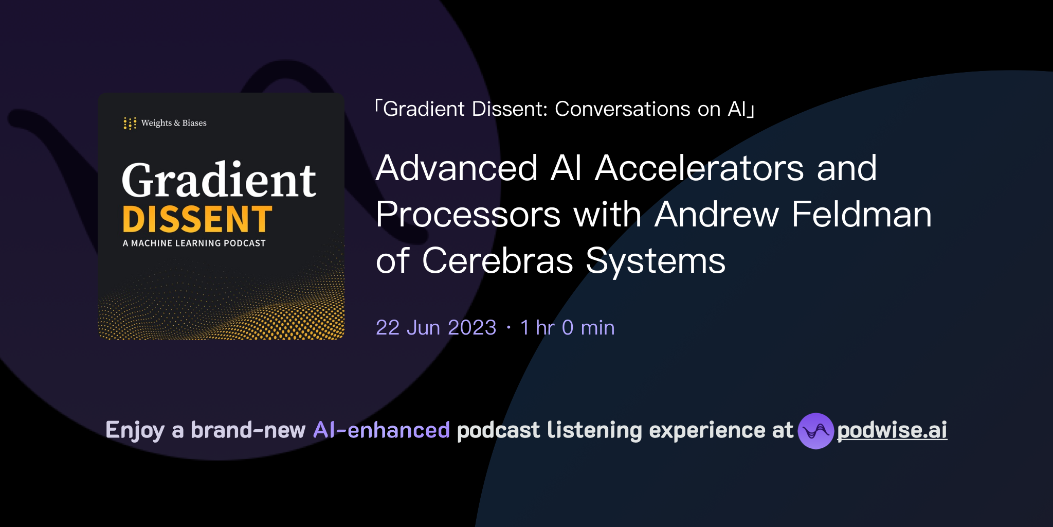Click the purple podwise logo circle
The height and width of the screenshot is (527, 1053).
(x=815, y=431)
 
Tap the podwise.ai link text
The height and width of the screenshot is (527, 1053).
(x=892, y=430)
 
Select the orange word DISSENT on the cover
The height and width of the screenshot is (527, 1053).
(x=197, y=220)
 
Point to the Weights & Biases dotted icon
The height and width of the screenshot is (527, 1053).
(x=130, y=124)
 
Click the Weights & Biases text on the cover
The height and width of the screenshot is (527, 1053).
(x=174, y=124)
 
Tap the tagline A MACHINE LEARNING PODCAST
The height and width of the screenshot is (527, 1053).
(x=194, y=243)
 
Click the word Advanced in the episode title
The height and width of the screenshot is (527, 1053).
(x=457, y=168)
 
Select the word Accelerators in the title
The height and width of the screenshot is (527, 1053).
(x=699, y=168)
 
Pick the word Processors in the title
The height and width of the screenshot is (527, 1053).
(x=468, y=215)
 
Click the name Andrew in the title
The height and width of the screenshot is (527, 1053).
(x=717, y=215)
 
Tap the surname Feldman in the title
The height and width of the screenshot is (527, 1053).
(x=862, y=215)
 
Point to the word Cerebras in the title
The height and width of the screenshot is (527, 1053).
(x=497, y=261)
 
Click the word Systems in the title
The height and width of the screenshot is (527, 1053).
(x=656, y=261)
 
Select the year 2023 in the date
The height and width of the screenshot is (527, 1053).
(x=472, y=328)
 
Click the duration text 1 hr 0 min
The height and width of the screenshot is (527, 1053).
(x=568, y=328)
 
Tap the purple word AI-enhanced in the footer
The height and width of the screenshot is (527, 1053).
(x=382, y=430)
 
